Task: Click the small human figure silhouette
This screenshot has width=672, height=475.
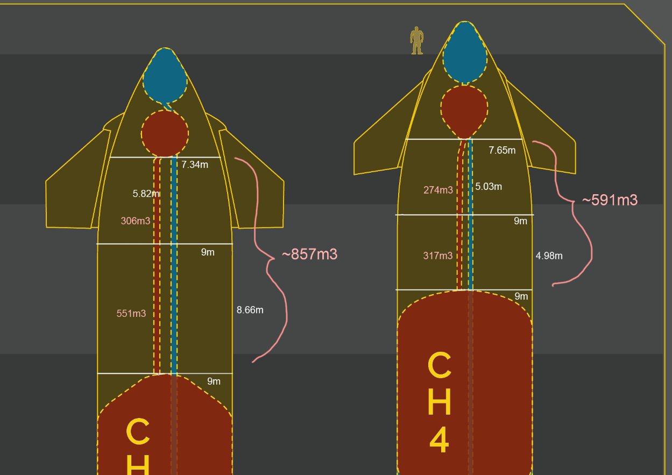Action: click(417, 41)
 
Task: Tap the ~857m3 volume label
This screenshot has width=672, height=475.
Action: click(309, 254)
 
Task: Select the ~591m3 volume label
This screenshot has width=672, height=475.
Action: click(610, 200)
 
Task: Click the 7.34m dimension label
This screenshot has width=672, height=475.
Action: click(194, 165)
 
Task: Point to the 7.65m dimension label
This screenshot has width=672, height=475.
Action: click(501, 151)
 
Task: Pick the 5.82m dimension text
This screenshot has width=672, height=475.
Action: click(146, 194)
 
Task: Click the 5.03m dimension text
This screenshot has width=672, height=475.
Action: click(489, 187)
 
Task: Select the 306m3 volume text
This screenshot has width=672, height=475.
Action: click(136, 221)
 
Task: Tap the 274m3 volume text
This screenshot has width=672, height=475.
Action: click(438, 190)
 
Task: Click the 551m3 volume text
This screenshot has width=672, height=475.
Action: click(131, 314)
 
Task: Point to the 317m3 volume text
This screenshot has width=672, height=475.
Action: click(438, 256)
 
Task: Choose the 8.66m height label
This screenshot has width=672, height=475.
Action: click(250, 310)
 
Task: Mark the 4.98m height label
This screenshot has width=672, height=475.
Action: click(549, 256)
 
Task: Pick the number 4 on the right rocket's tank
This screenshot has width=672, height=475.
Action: click(439, 439)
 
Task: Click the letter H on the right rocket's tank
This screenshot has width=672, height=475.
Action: click(439, 401)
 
